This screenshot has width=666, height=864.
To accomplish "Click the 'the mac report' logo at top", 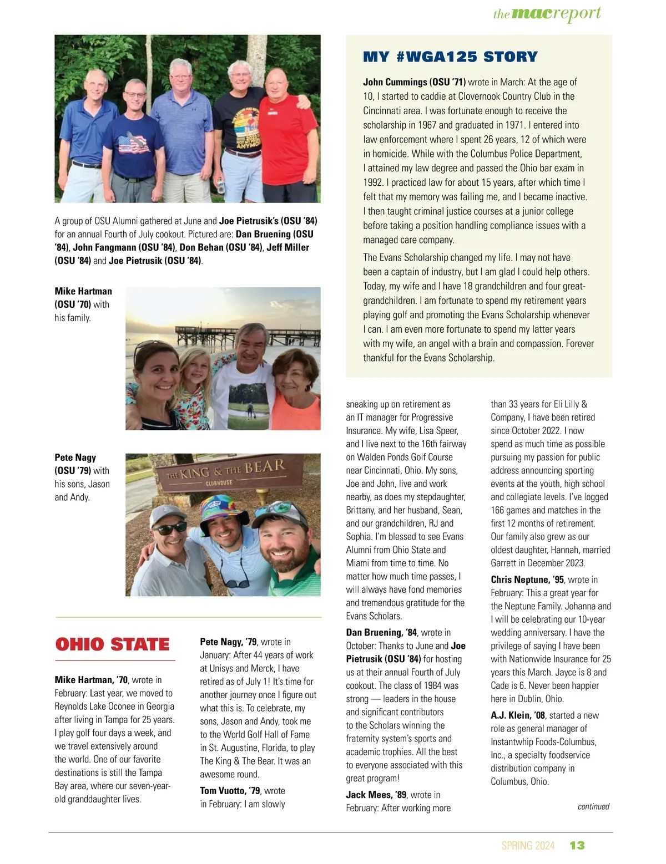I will (x=547, y=13).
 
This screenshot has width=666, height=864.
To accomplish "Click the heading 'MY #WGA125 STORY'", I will (x=450, y=57).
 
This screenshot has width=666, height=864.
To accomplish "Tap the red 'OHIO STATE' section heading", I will (x=113, y=644).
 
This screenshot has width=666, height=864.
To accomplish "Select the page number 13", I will (x=577, y=845).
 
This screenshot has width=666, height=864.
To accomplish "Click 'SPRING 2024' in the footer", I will (x=528, y=845).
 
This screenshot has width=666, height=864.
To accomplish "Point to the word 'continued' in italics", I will (x=593, y=806).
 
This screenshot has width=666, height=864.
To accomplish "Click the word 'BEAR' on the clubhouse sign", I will (x=264, y=466).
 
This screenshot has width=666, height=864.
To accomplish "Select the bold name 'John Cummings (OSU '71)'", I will (x=415, y=82).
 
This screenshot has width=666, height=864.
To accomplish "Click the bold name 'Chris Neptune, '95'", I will (x=527, y=580).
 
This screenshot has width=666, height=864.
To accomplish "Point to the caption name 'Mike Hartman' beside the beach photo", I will (x=83, y=291).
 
